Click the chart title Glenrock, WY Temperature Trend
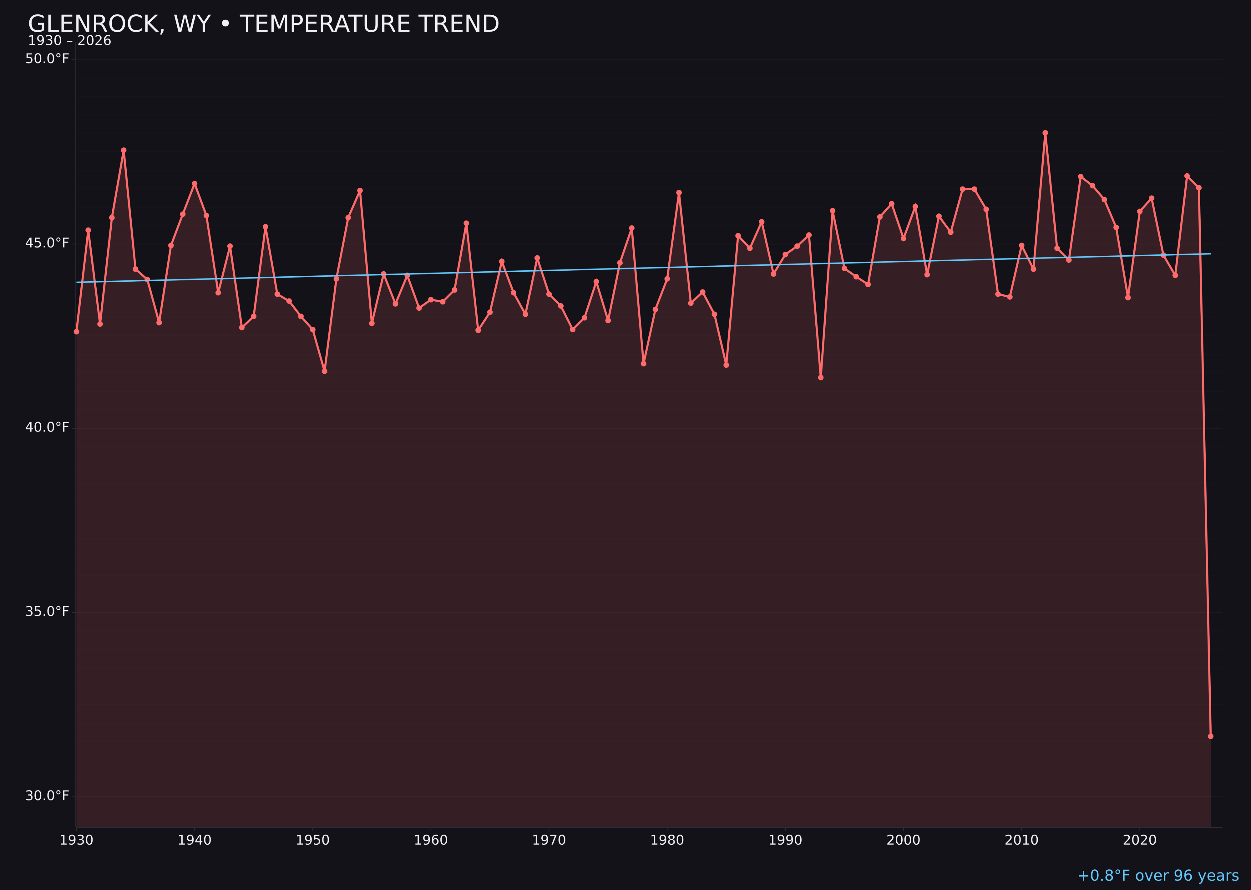263,24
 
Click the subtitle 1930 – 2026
69,41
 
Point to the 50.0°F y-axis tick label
47,59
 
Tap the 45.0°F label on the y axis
47,243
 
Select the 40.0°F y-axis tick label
47,427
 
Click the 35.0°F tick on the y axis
47,611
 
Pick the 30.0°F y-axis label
47,795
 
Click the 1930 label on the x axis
76,840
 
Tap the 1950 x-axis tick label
313,840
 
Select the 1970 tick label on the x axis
549,840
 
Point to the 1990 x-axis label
785,840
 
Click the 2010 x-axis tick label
1021,840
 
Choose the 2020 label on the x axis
1140,840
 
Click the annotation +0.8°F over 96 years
1158,876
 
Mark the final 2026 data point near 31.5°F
1210,736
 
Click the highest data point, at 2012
1045,133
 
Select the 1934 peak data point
124,150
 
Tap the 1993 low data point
820,377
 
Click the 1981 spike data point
679,192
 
